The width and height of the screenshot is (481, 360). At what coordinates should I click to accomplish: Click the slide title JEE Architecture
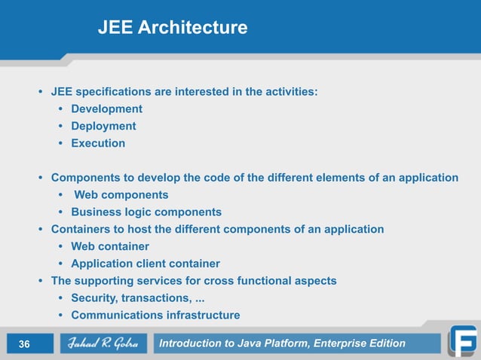172,28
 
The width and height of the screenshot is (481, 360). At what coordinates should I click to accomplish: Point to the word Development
106,108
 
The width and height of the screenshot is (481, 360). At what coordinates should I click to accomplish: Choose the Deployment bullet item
103,126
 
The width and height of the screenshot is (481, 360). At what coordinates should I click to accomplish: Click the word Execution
98,143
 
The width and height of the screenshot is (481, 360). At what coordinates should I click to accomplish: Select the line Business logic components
146,212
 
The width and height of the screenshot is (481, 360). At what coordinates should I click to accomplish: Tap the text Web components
121,195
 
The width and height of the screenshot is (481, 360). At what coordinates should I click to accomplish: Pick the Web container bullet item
110,246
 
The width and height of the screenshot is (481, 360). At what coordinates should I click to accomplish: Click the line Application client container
146,264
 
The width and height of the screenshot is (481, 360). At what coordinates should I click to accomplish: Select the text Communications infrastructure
155,316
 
